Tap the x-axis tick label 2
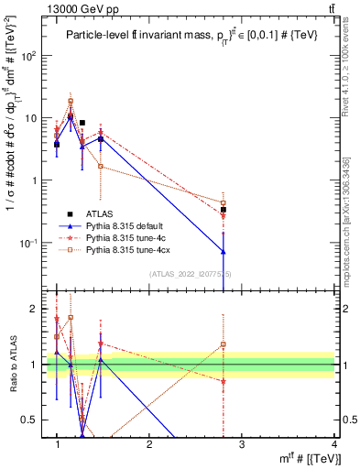pyautogui.click(x=149, y=444)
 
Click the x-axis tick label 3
pyautogui.click(x=242, y=444)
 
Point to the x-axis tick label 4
pyautogui.click(x=334, y=444)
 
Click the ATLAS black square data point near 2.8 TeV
pyautogui.click(x=224, y=210)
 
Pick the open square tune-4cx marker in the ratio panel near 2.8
pyautogui.click(x=224, y=344)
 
